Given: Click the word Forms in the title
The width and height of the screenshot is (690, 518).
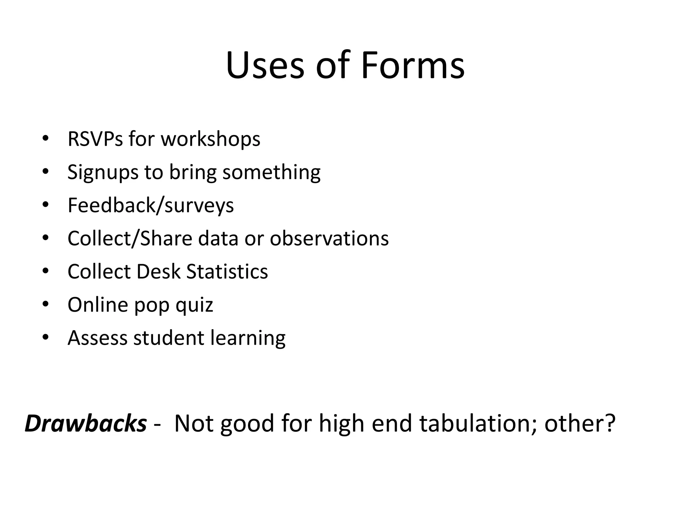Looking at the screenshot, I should pos(412,65).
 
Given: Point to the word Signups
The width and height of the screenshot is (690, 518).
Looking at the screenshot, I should pos(103,173).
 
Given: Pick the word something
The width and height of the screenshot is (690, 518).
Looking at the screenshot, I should pos(271,172).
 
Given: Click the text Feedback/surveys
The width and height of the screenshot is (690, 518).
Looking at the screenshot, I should pos(151,205).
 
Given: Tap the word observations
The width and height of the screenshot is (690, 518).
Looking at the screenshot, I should pos(329,238).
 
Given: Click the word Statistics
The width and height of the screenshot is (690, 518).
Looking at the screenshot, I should pos(227,271).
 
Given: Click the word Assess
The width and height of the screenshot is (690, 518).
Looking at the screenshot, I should pos(97,338).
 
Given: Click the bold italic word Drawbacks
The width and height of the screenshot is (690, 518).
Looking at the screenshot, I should pos(86,423).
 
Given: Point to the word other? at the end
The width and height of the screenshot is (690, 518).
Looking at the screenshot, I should pos(580,423).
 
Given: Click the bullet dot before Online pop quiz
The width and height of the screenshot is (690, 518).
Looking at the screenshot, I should pos(46,305).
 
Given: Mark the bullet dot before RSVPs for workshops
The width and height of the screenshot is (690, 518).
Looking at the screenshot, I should pos(46,139).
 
